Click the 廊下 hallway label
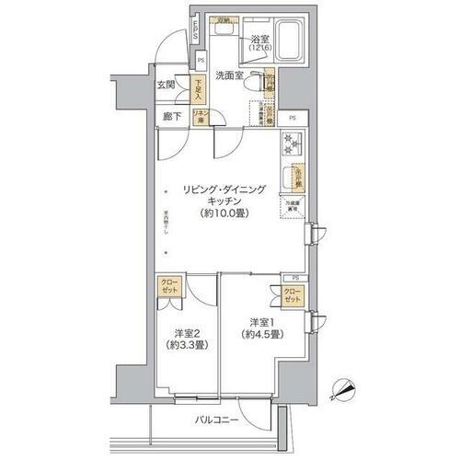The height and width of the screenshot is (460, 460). (x=171, y=117)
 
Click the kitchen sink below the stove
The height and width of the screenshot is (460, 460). (x=298, y=174)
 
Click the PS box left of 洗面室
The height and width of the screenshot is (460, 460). (x=201, y=62)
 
